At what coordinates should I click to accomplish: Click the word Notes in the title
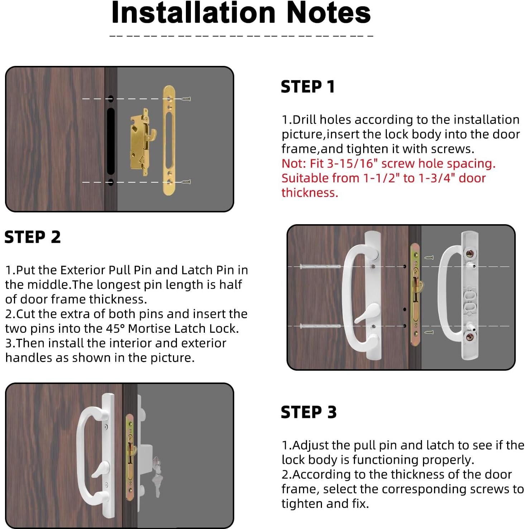click(x=328, y=13)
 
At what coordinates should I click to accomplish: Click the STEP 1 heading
click(x=308, y=87)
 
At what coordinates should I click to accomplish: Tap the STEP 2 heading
click(x=33, y=237)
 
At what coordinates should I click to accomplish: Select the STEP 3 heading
click(x=309, y=412)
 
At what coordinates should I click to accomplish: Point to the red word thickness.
click(x=310, y=193)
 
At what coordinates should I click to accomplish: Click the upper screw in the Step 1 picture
click(x=186, y=99)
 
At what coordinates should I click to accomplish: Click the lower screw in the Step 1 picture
click(x=186, y=182)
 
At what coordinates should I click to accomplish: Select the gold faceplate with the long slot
click(x=169, y=140)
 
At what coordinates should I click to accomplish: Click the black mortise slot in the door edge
click(x=111, y=141)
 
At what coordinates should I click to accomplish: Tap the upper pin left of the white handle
click(x=320, y=266)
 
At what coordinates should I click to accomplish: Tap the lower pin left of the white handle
click(x=320, y=326)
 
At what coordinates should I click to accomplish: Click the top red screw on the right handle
click(x=469, y=255)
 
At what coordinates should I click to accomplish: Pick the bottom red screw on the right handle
click(x=469, y=337)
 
